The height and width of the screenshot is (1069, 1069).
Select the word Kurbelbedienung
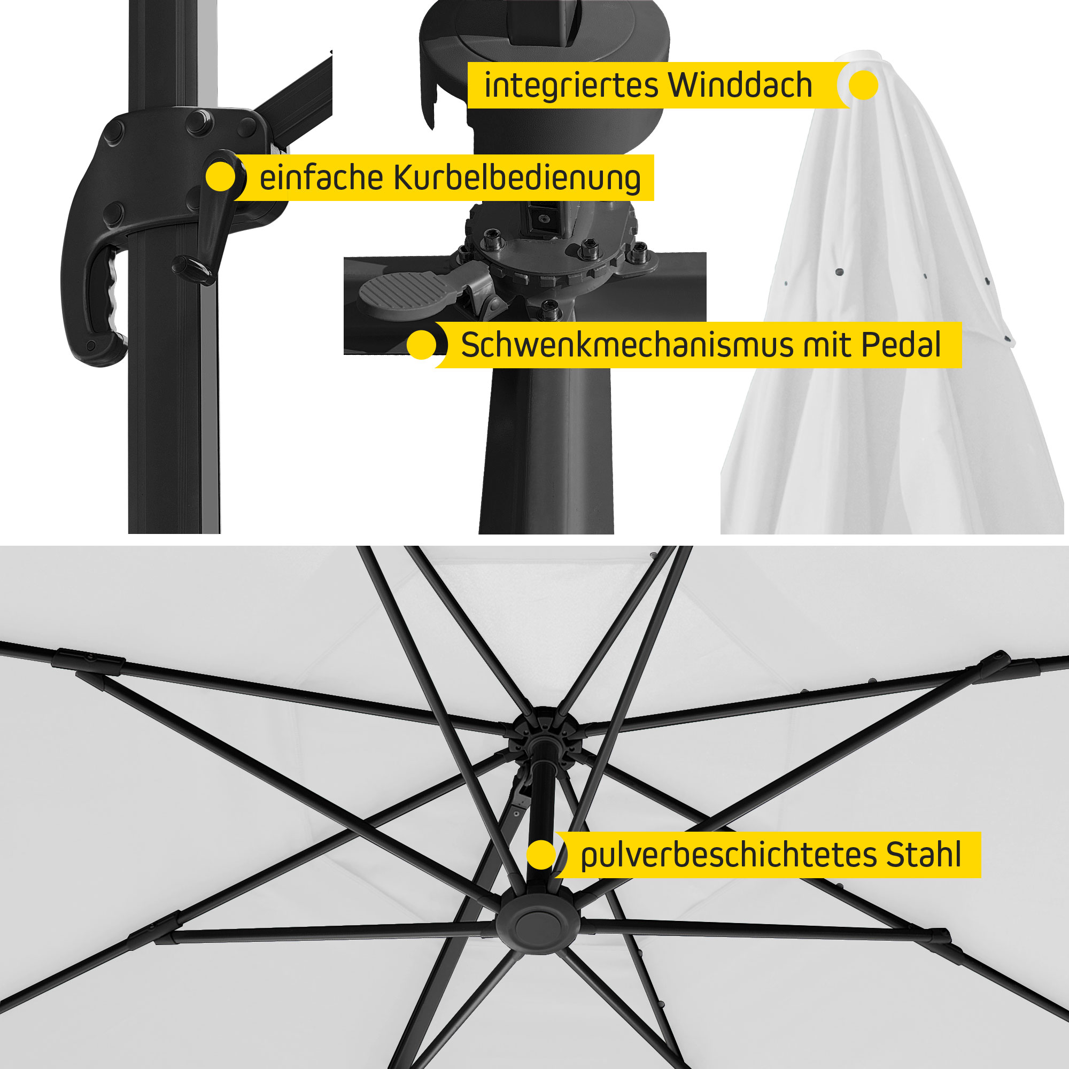tap(517, 179)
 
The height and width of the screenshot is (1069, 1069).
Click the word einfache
tap(321, 177)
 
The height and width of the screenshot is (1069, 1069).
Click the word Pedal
tap(901, 345)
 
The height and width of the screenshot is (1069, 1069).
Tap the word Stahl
tap(924, 855)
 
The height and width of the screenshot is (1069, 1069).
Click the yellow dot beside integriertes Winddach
tap(863, 84)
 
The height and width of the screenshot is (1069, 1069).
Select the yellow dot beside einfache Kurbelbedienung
tap(220, 176)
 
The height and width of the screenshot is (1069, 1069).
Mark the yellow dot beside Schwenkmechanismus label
tap(422, 345)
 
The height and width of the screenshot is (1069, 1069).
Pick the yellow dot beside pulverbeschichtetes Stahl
tap(541, 855)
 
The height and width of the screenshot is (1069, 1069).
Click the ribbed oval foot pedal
tap(404, 292)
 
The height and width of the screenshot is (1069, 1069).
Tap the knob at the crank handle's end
tap(193, 269)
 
